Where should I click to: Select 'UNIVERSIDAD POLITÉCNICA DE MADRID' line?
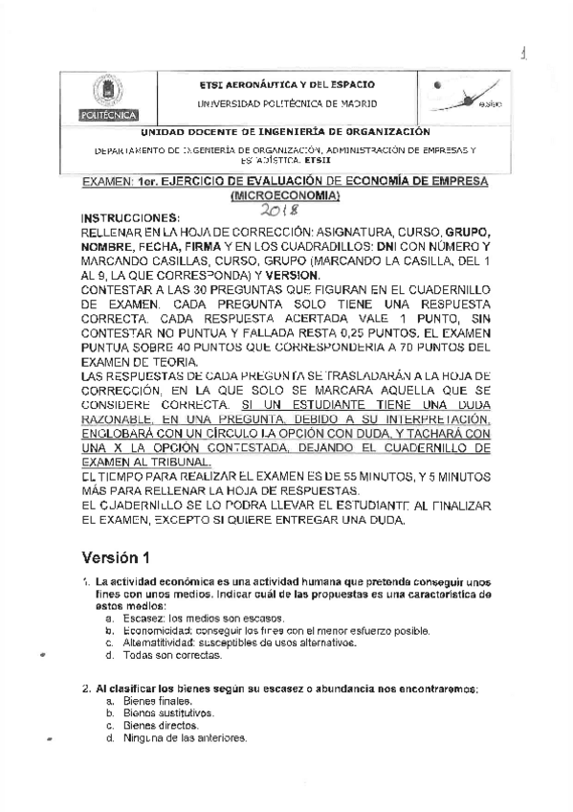pyautogui.click(x=287, y=102)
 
